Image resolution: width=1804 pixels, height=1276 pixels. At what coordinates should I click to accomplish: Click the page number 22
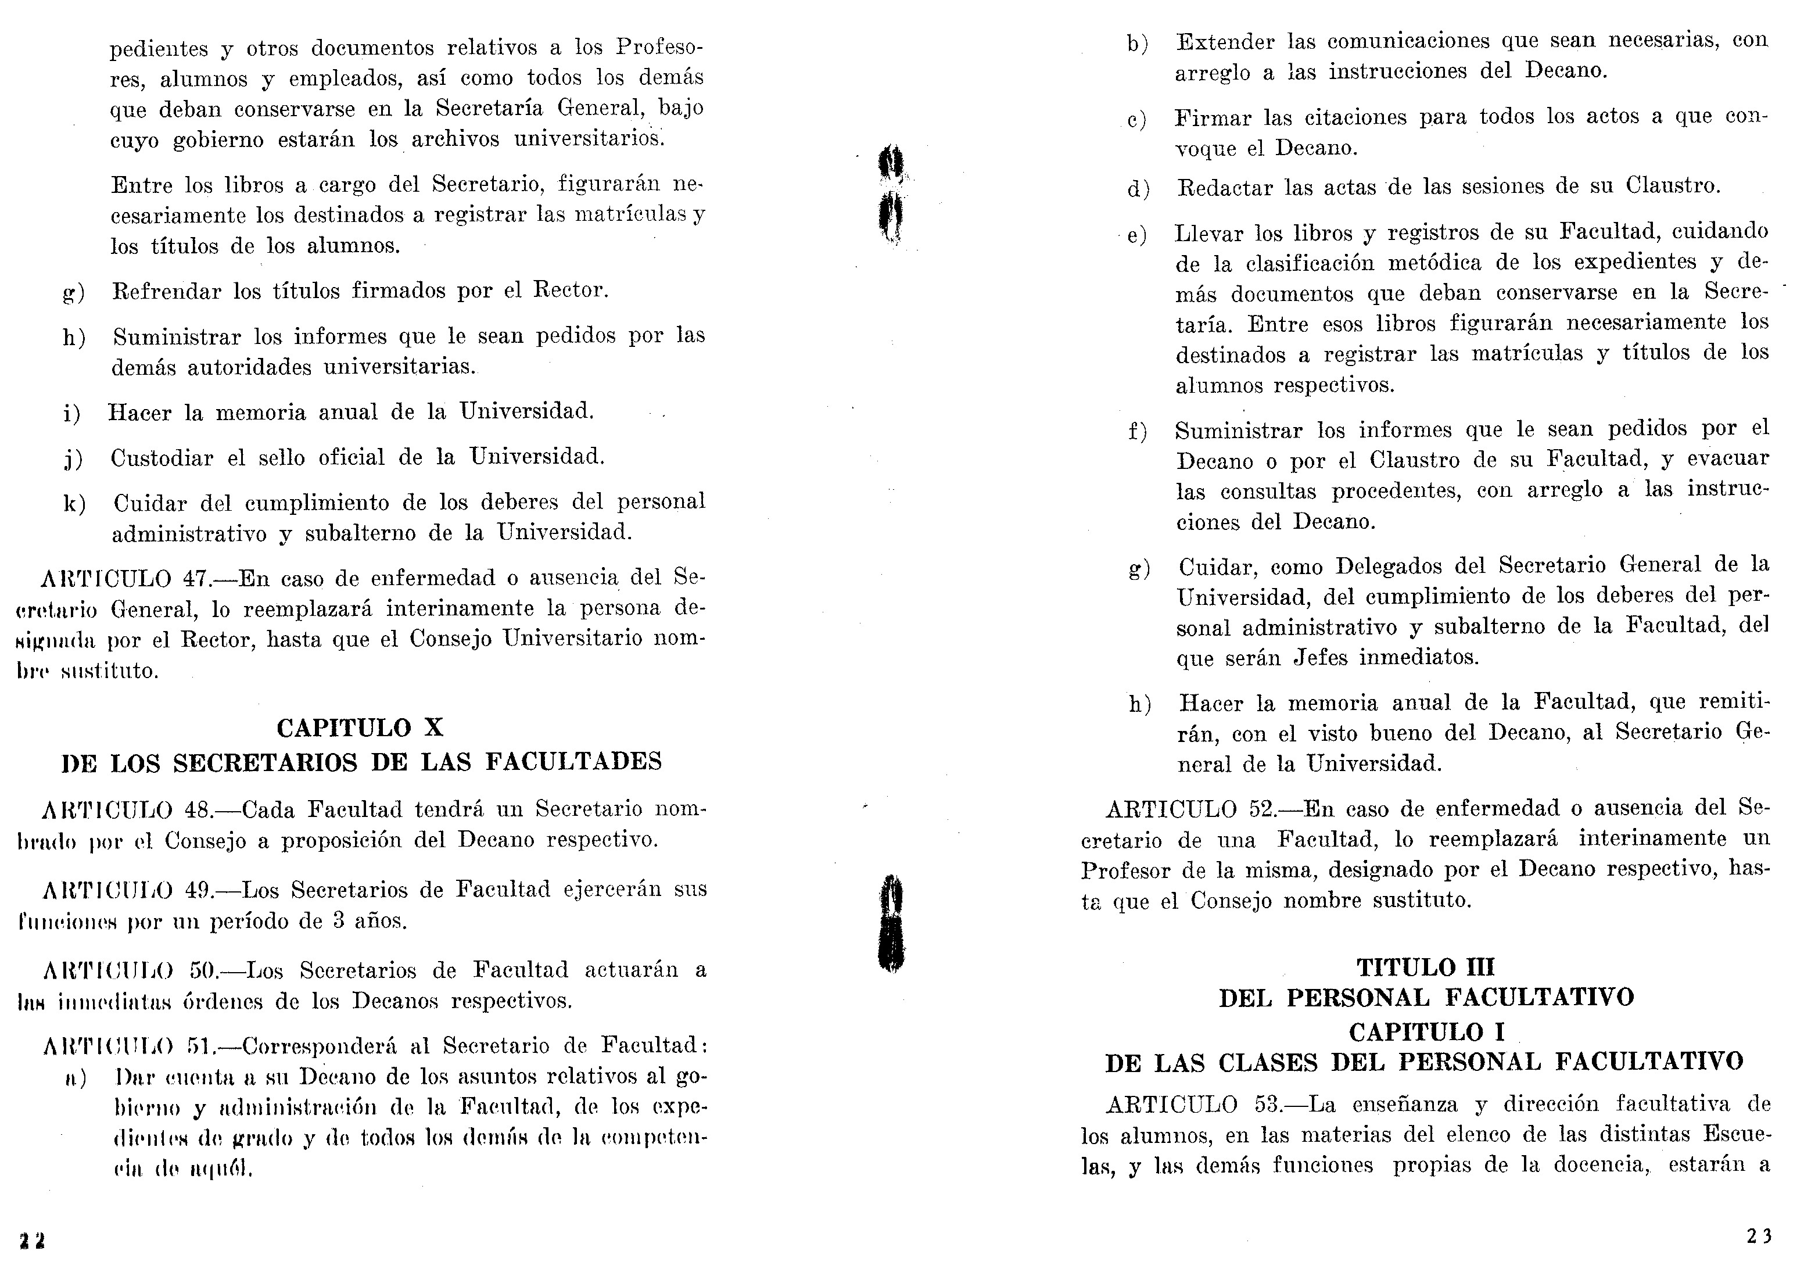(x=32, y=1241)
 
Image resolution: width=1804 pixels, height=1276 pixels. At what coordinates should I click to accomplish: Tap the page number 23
(x=1759, y=1236)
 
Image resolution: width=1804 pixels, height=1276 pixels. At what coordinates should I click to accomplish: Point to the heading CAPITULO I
(x=1427, y=1031)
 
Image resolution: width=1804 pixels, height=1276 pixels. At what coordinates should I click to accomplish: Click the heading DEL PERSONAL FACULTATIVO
(x=1426, y=998)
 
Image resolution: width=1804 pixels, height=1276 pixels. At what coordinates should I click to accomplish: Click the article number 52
(x=1264, y=808)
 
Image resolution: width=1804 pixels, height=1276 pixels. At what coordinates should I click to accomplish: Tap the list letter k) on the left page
(x=74, y=504)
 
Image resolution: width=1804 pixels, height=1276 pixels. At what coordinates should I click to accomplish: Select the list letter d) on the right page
(x=1139, y=189)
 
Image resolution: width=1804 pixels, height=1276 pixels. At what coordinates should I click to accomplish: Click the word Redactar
(x=1224, y=187)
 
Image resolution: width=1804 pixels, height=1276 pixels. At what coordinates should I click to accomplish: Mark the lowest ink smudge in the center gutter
(x=891, y=926)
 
